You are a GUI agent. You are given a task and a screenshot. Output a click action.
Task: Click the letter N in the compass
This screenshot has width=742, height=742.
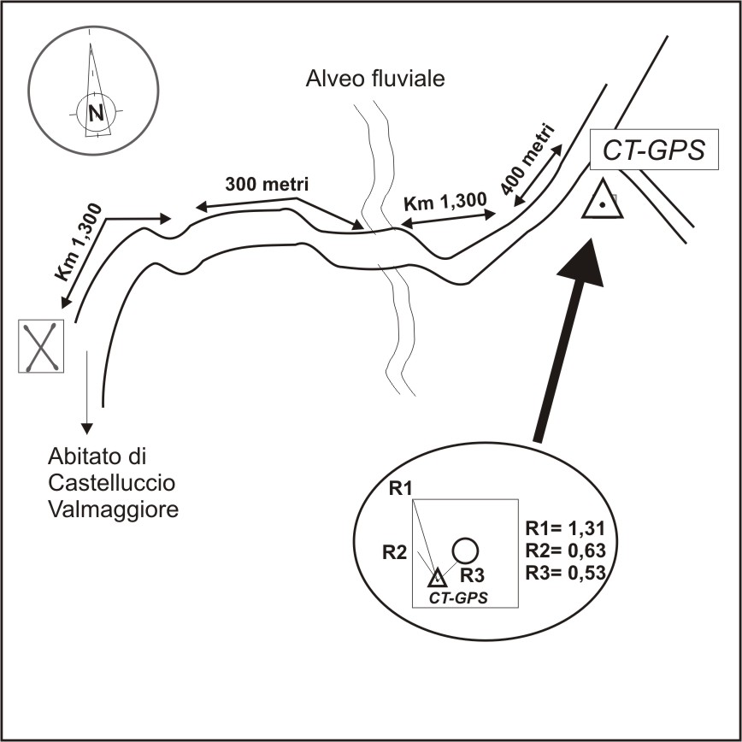click(x=96, y=112)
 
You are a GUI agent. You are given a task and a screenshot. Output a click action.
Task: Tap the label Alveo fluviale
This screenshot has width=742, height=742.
click(x=377, y=80)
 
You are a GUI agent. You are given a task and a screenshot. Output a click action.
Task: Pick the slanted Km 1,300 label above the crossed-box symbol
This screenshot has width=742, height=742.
click(x=78, y=242)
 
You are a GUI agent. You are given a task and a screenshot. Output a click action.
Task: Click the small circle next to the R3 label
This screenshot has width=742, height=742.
click(x=464, y=549)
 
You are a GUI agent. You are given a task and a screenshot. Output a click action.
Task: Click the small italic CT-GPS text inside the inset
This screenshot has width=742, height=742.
click(x=458, y=598)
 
